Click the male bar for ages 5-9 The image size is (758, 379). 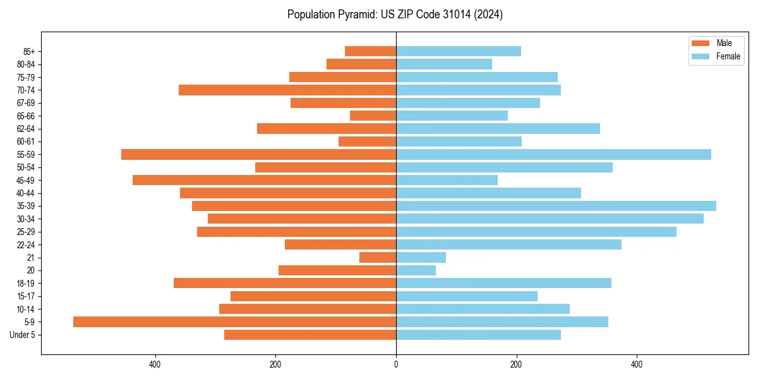(234, 322)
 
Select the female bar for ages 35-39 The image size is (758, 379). (556, 206)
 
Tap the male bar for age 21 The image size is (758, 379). (378, 257)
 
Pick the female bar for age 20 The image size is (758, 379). (416, 270)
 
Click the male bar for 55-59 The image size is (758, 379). (258, 154)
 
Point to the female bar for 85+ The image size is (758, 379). (459, 51)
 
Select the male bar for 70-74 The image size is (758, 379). (287, 90)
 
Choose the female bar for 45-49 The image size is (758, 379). (447, 180)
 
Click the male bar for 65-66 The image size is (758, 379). (373, 116)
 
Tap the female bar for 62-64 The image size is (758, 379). (498, 128)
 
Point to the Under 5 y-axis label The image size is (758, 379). (22, 335)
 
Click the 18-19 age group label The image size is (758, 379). (26, 283)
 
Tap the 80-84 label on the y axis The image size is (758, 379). (26, 64)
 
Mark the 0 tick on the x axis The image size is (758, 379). (396, 364)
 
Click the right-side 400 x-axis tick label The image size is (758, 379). (637, 364)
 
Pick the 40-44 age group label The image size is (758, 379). (26, 193)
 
